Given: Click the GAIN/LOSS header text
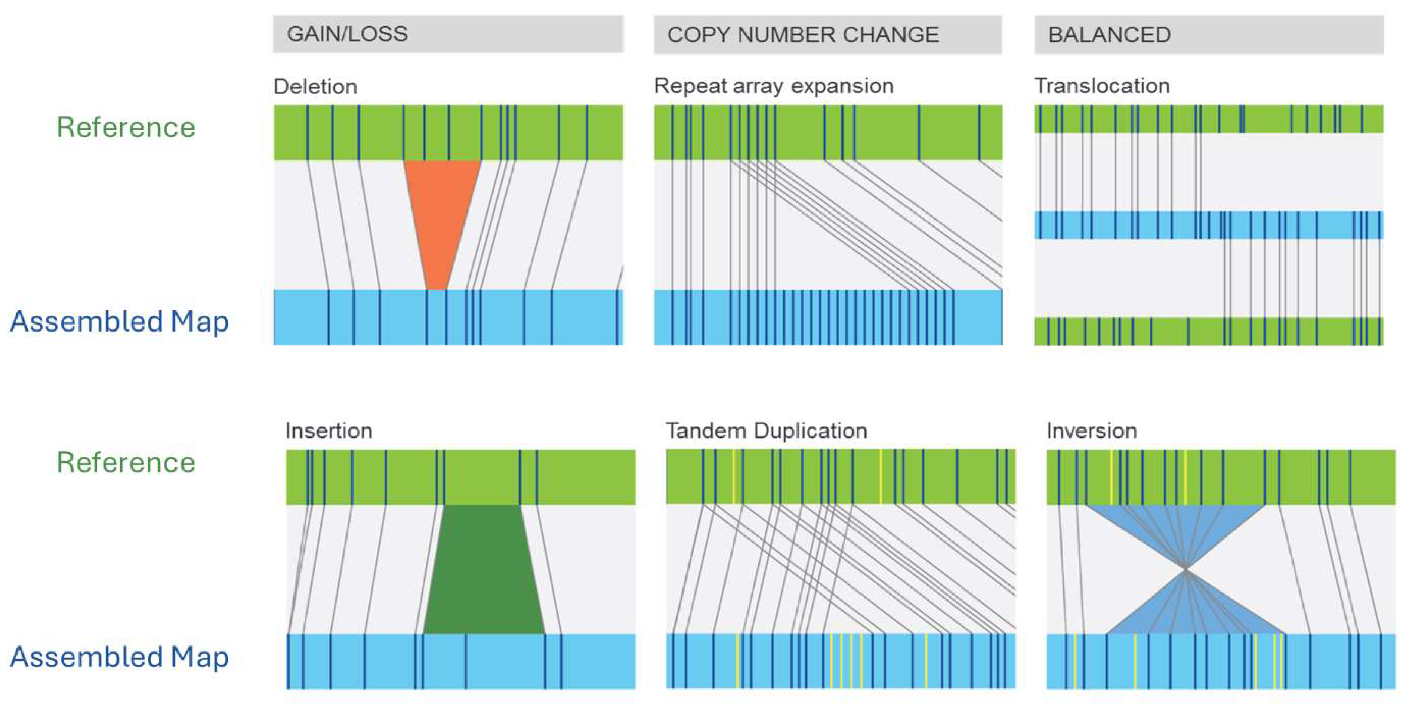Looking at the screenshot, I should tap(347, 34).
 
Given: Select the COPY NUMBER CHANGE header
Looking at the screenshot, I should tap(802, 35).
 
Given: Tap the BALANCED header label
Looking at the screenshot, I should tap(1109, 35).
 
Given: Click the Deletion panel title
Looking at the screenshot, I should tap(315, 87).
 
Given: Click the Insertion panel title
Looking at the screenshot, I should tap(329, 431).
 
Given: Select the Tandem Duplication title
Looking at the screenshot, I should tap(766, 431).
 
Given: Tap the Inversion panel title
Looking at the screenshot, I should tap(1091, 431).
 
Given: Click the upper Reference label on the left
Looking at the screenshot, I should tap(126, 127).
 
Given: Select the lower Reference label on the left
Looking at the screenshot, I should tap(126, 463).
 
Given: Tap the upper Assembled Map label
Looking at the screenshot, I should tap(120, 321).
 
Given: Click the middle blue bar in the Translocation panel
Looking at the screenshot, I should tap(1208, 225).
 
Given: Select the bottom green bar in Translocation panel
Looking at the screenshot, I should tap(1208, 331).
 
